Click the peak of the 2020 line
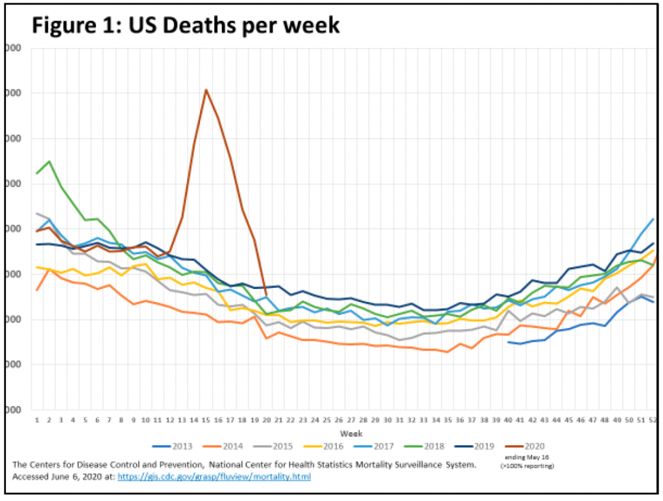tap(206, 90)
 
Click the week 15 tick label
tap(206, 420)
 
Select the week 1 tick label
tap(37, 420)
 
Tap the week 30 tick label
tap(388, 420)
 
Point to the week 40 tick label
tap(509, 420)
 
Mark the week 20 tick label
tap(267, 420)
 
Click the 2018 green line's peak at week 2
tap(49, 161)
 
